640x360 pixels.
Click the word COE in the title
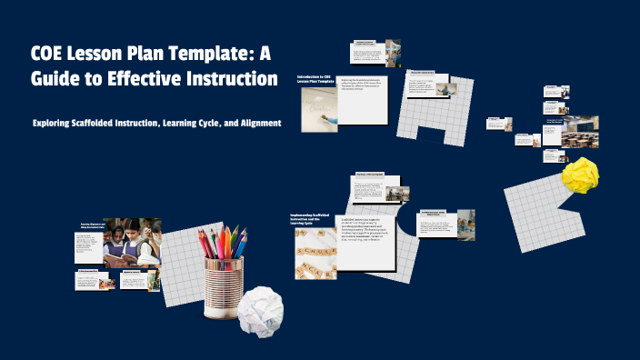point(51,54)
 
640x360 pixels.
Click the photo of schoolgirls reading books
point(126,245)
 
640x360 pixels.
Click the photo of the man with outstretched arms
point(445,89)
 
